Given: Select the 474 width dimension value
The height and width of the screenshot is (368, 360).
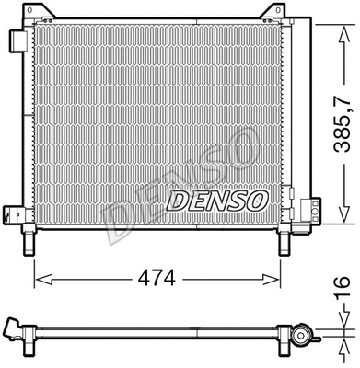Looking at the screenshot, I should click(157, 275).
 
